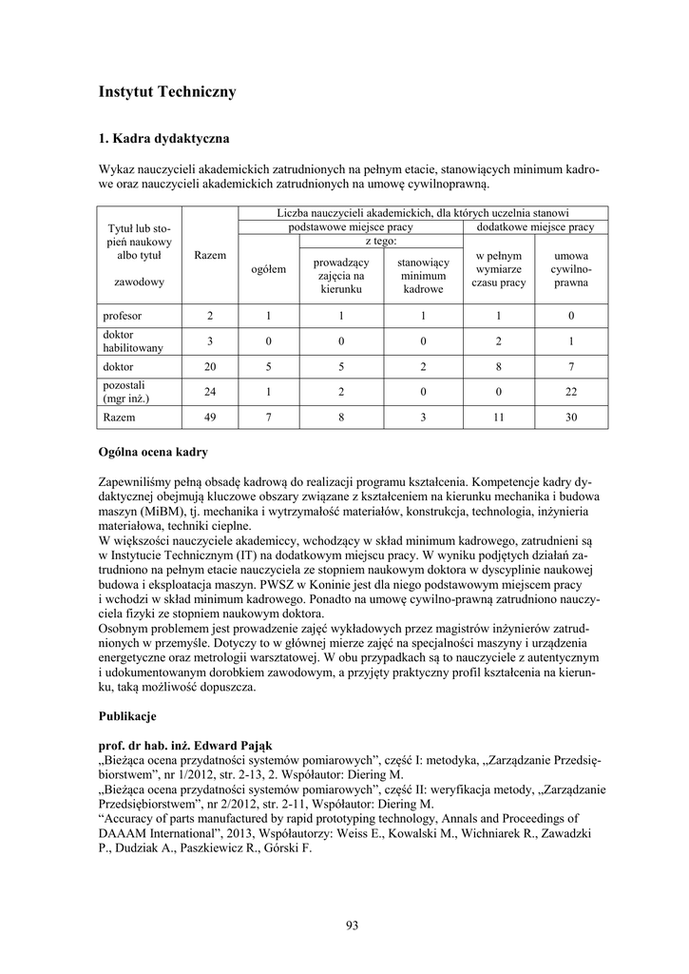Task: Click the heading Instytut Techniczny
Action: (167, 92)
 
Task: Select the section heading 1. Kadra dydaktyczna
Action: (163, 139)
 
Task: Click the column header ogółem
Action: (269, 269)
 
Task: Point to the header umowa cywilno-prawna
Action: (571, 269)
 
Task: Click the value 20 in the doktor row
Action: (209, 365)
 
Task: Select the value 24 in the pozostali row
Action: (209, 391)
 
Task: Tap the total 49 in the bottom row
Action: (209, 417)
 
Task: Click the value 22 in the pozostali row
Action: (571, 391)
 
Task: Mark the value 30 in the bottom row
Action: (571, 417)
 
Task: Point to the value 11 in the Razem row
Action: (499, 417)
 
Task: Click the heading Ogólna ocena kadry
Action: (153, 451)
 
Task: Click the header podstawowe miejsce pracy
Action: (350, 227)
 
